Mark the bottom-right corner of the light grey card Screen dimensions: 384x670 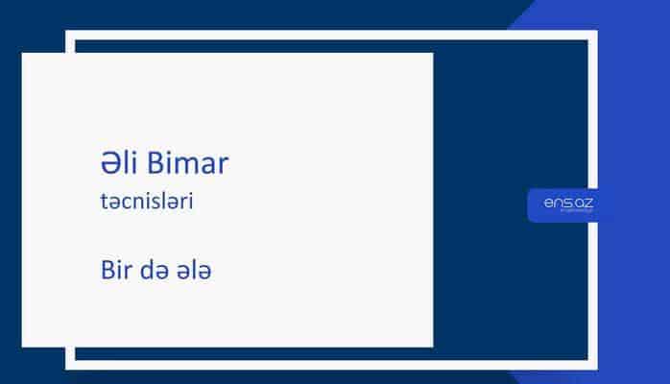tap(432, 346)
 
